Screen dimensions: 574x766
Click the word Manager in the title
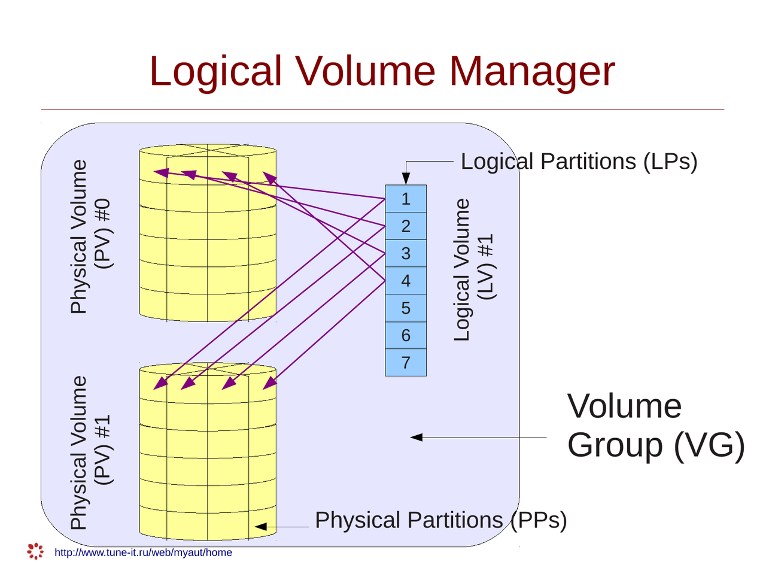click(x=531, y=72)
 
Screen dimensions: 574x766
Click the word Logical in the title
click(x=215, y=72)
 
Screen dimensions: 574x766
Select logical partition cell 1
click(x=406, y=199)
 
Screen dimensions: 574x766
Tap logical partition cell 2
click(x=406, y=226)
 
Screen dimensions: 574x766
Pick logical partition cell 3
click(x=406, y=253)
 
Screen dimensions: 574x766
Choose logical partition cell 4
click(x=406, y=281)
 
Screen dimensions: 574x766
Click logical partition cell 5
click(x=406, y=308)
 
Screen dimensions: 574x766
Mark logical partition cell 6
click(x=406, y=335)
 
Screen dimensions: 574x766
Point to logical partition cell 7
click(x=406, y=363)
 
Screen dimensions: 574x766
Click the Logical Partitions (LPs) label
click(x=579, y=162)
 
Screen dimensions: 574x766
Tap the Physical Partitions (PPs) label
click(x=440, y=520)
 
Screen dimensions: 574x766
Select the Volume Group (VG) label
click(x=655, y=426)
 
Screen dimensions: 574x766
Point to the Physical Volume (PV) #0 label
click(x=90, y=236)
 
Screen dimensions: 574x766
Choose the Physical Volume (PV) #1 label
click(x=90, y=453)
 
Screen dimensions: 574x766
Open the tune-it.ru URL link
click(x=143, y=552)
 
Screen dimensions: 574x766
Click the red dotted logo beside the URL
click(x=35, y=551)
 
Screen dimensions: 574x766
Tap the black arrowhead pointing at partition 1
click(x=406, y=178)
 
